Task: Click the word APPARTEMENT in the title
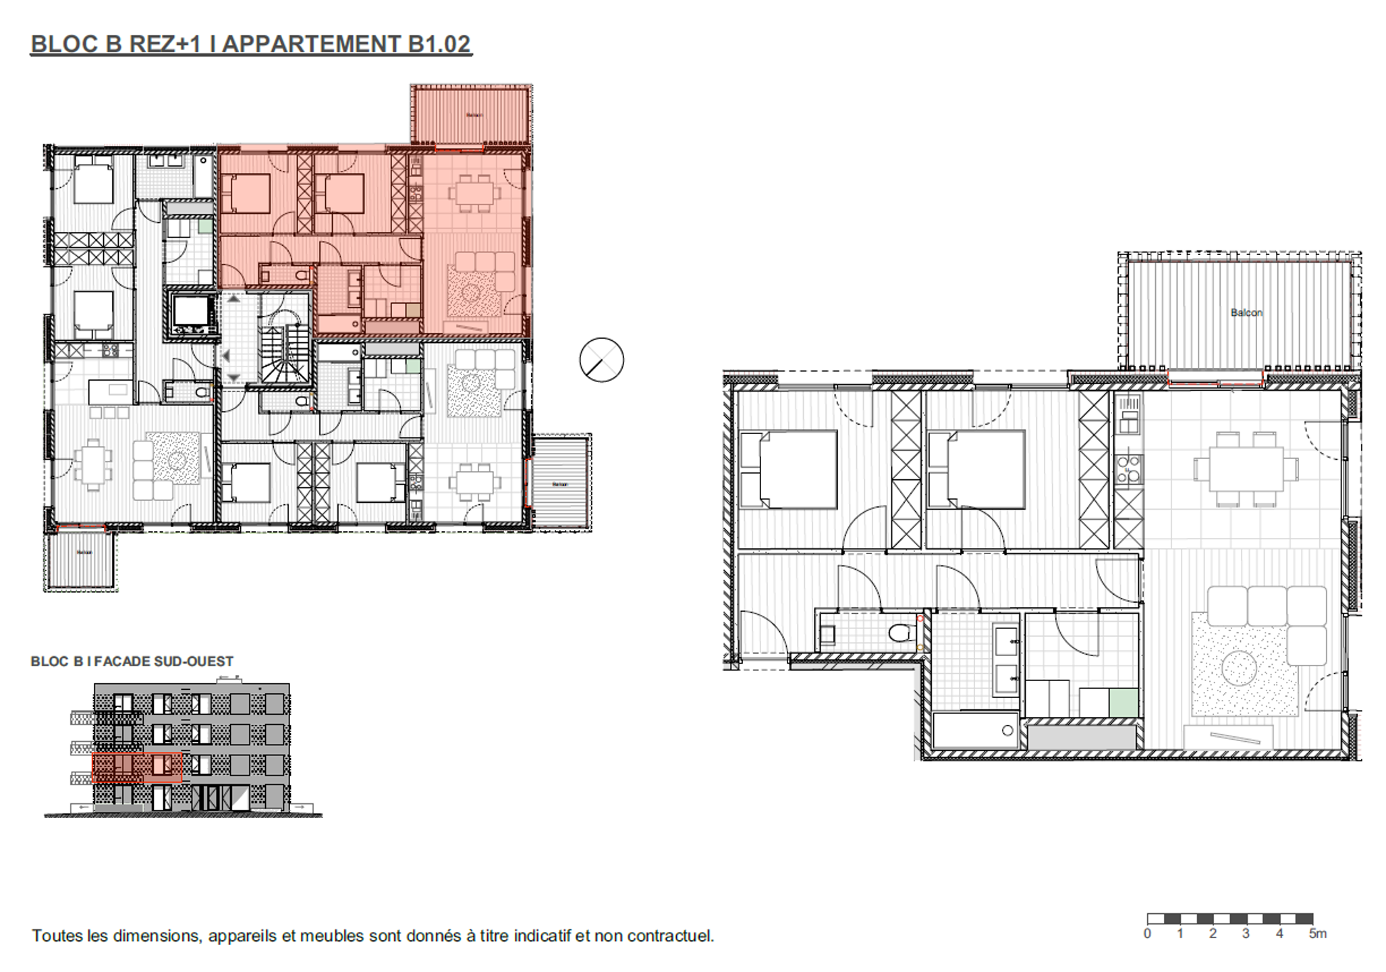pyautogui.click(x=311, y=44)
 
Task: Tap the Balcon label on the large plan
pyautogui.click(x=1246, y=313)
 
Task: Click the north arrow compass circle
pyautogui.click(x=601, y=360)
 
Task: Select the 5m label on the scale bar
pyautogui.click(x=1317, y=934)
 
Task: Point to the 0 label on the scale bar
pyautogui.click(x=1147, y=934)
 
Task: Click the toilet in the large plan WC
pyautogui.click(x=902, y=633)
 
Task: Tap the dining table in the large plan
pyautogui.click(x=1246, y=469)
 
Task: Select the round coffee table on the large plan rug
pyautogui.click(x=1241, y=668)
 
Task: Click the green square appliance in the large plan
pyautogui.click(x=1123, y=702)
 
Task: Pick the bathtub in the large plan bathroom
pyautogui.click(x=975, y=731)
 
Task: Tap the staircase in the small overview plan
pyautogui.click(x=284, y=355)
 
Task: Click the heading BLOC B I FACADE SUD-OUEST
pyautogui.click(x=132, y=661)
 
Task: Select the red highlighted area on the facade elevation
pyautogui.click(x=137, y=767)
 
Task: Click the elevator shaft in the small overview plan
pyautogui.click(x=192, y=312)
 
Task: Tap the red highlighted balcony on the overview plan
pyautogui.click(x=471, y=115)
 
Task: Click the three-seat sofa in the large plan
pyautogui.click(x=1267, y=605)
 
